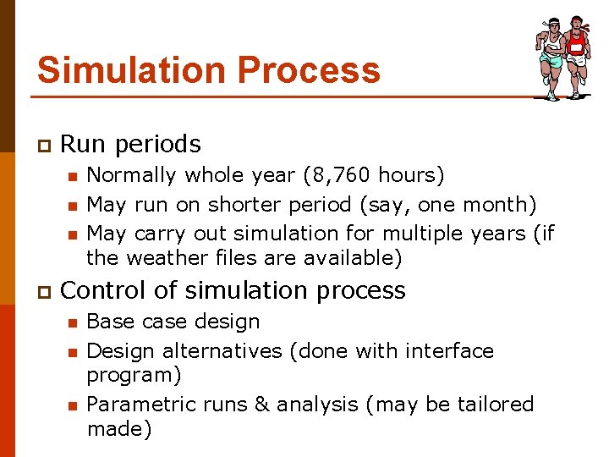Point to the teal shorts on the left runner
[552, 61]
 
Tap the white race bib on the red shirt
[577, 48]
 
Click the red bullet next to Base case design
[73, 322]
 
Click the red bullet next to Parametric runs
[73, 405]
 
